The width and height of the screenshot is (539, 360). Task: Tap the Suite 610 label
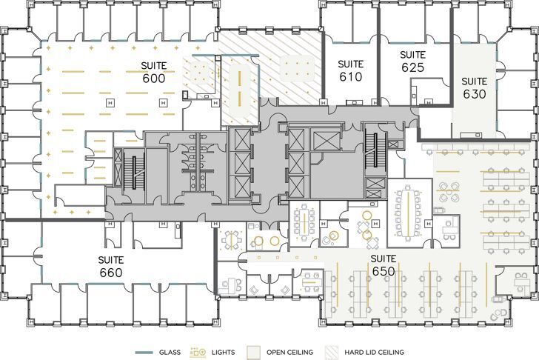[x=350, y=70]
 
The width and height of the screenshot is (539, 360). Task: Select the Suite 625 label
[x=412, y=61]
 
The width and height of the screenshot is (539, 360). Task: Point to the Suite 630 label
[x=475, y=87]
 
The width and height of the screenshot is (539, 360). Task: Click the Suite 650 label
[x=384, y=264]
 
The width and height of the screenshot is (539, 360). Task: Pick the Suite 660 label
[x=110, y=266]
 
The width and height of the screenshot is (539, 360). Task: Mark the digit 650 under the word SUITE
[x=384, y=271]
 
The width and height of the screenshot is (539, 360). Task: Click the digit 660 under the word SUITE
[x=110, y=273]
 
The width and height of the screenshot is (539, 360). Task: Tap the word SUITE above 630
[x=475, y=81]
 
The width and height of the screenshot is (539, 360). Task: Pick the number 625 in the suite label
[x=412, y=67]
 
